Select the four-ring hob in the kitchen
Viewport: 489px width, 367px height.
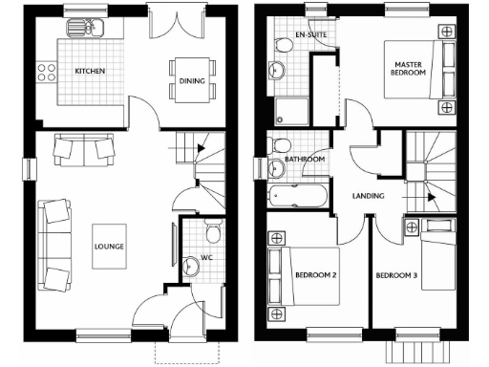point(45,71)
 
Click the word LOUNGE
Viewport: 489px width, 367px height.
point(108,246)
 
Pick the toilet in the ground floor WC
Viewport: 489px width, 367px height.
point(214,232)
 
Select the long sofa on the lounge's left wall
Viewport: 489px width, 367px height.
point(53,246)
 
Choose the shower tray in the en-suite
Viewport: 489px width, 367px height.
point(290,110)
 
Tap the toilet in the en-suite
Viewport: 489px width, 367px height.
point(284,45)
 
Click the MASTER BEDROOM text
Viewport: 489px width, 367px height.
point(409,69)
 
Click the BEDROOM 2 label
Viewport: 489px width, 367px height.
point(315,276)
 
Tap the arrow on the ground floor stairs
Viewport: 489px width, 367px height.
point(198,148)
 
